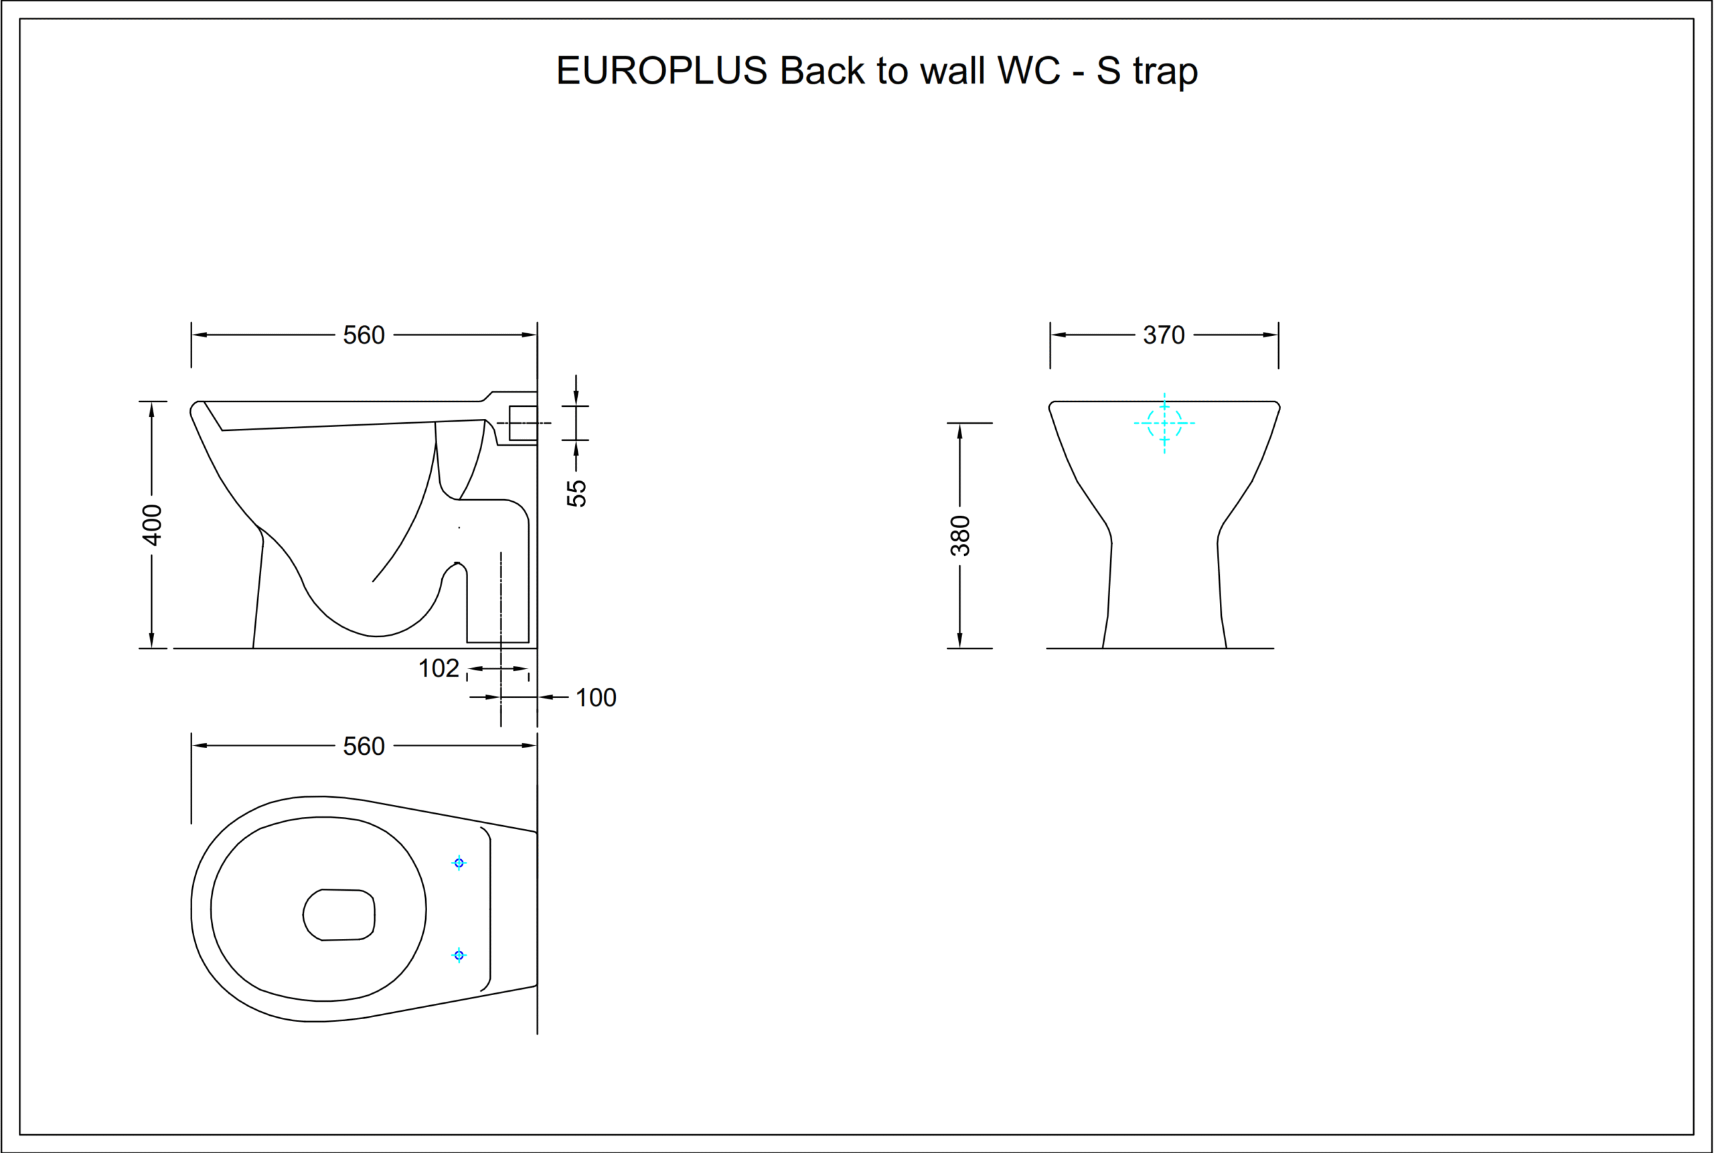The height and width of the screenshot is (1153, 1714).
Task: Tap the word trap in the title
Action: tap(1166, 72)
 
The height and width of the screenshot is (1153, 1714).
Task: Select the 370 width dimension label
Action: tap(1164, 335)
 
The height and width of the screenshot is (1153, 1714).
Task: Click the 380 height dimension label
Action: tap(960, 535)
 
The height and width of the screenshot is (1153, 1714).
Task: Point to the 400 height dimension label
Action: tap(151, 525)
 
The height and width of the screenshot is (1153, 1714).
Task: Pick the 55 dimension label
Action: tap(576, 493)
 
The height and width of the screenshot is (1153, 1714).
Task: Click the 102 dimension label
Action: tap(439, 669)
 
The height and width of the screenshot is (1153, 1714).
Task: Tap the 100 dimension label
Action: tap(596, 698)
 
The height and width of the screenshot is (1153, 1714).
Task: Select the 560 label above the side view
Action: tap(364, 335)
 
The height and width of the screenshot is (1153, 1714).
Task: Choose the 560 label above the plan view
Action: tap(364, 746)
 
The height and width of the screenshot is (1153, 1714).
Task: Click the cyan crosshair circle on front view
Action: tap(1164, 424)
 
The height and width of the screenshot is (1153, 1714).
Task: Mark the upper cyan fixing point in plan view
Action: tap(459, 863)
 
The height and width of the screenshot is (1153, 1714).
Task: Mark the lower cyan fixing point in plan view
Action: tap(459, 955)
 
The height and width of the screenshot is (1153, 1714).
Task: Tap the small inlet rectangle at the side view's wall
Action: tap(523, 423)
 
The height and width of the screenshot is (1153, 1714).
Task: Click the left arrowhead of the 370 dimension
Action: tap(1059, 335)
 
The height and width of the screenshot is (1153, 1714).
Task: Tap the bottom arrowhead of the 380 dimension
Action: tap(960, 640)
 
